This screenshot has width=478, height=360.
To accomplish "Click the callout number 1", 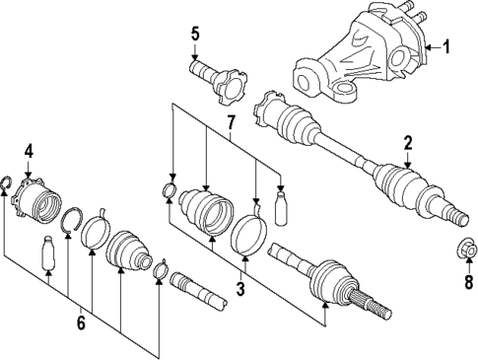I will [x=447, y=46].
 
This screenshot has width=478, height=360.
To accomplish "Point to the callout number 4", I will [x=29, y=151].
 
